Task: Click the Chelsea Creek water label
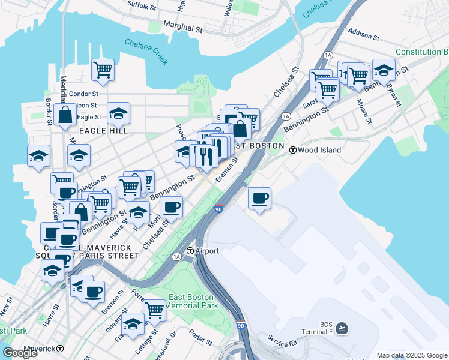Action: [x=146, y=52]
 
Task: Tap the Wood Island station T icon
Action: [x=292, y=150]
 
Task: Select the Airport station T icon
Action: [x=190, y=251]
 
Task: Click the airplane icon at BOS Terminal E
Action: [x=342, y=327]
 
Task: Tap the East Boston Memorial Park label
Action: [x=193, y=301]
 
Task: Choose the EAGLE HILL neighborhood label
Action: [x=100, y=130]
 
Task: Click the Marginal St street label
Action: [x=182, y=28]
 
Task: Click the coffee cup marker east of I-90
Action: [x=259, y=198]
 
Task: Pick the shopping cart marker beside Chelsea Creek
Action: [x=103, y=69]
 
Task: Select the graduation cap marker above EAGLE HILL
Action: [x=119, y=112]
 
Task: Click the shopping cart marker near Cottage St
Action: [x=155, y=310]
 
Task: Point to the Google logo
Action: [x=20, y=353]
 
